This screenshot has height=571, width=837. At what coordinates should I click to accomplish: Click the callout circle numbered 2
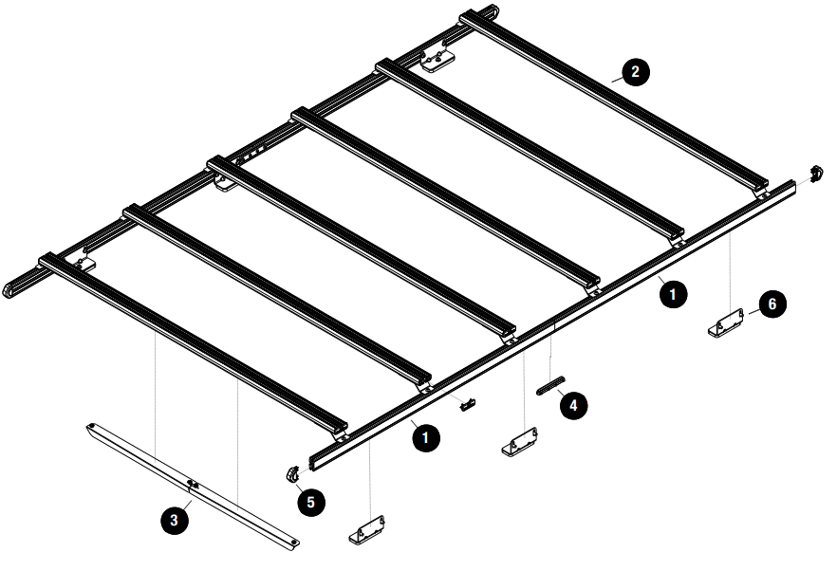tap(635, 71)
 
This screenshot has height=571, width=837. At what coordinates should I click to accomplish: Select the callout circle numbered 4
tap(572, 406)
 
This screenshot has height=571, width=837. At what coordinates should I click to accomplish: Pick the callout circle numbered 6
tap(772, 304)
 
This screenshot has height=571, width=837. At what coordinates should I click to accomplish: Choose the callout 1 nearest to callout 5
tap(426, 437)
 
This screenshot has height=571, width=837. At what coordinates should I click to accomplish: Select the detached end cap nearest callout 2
tap(815, 174)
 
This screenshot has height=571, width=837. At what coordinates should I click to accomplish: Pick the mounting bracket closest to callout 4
tap(520, 442)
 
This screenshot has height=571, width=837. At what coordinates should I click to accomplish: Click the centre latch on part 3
tap(194, 485)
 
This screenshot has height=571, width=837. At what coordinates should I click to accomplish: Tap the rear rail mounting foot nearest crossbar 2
tap(438, 62)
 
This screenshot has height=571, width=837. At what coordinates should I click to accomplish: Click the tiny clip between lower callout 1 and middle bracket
tap(466, 406)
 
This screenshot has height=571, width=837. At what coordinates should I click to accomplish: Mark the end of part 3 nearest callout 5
tap(291, 543)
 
